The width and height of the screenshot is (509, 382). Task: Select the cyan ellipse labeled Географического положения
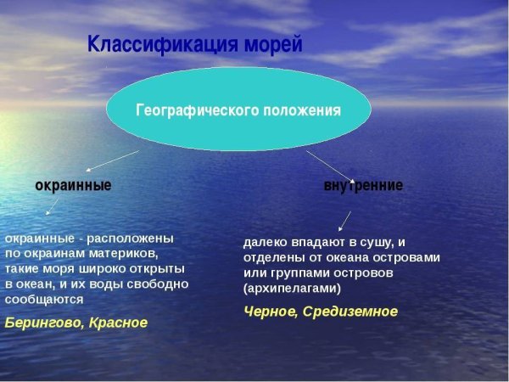[238, 110]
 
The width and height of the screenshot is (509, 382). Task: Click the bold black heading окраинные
[73, 184]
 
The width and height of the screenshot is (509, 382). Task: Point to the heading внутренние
[363, 184]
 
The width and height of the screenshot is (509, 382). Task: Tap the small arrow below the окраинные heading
[52, 207]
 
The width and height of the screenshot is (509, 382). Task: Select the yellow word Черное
[271, 312]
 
